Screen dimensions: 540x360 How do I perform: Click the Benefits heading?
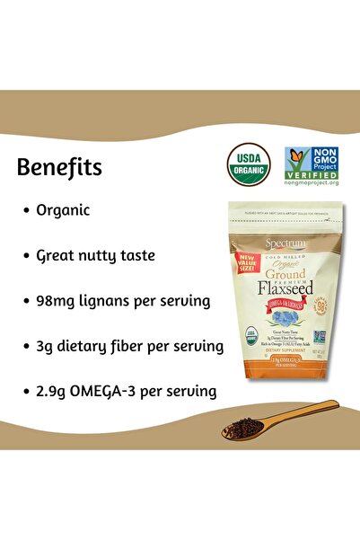point(59,168)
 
